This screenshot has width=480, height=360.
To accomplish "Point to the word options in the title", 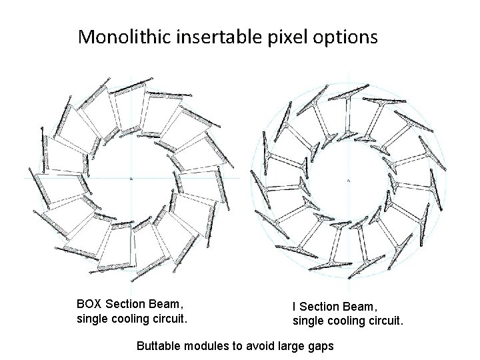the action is [345, 37].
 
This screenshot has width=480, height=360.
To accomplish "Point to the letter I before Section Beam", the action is [295, 307].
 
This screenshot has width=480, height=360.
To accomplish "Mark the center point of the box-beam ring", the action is [131, 179].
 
